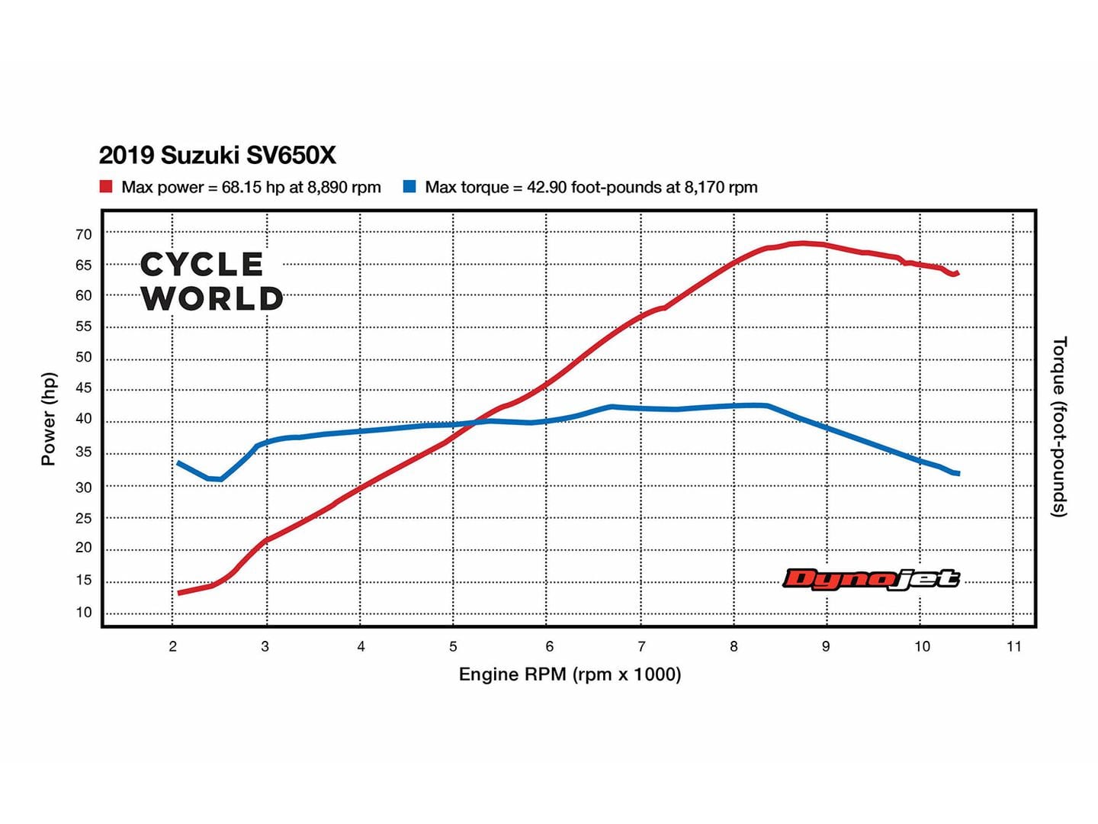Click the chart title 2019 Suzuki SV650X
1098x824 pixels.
[217, 156]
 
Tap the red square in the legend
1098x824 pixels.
[106, 187]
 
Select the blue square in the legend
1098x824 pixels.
[409, 187]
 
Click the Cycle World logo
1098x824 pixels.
[211, 282]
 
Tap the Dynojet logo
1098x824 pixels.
[871, 579]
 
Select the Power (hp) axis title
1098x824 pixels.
[49, 419]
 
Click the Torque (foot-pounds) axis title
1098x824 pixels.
[1059, 426]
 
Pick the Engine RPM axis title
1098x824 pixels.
[570, 674]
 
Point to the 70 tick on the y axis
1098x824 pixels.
[83, 235]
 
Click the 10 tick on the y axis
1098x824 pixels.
[83, 613]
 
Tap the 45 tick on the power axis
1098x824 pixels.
[83, 388]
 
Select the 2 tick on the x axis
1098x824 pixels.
[173, 647]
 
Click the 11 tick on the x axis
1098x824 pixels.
[1013, 647]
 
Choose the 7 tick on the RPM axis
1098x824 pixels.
[641, 647]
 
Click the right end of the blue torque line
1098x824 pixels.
[957, 474]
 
